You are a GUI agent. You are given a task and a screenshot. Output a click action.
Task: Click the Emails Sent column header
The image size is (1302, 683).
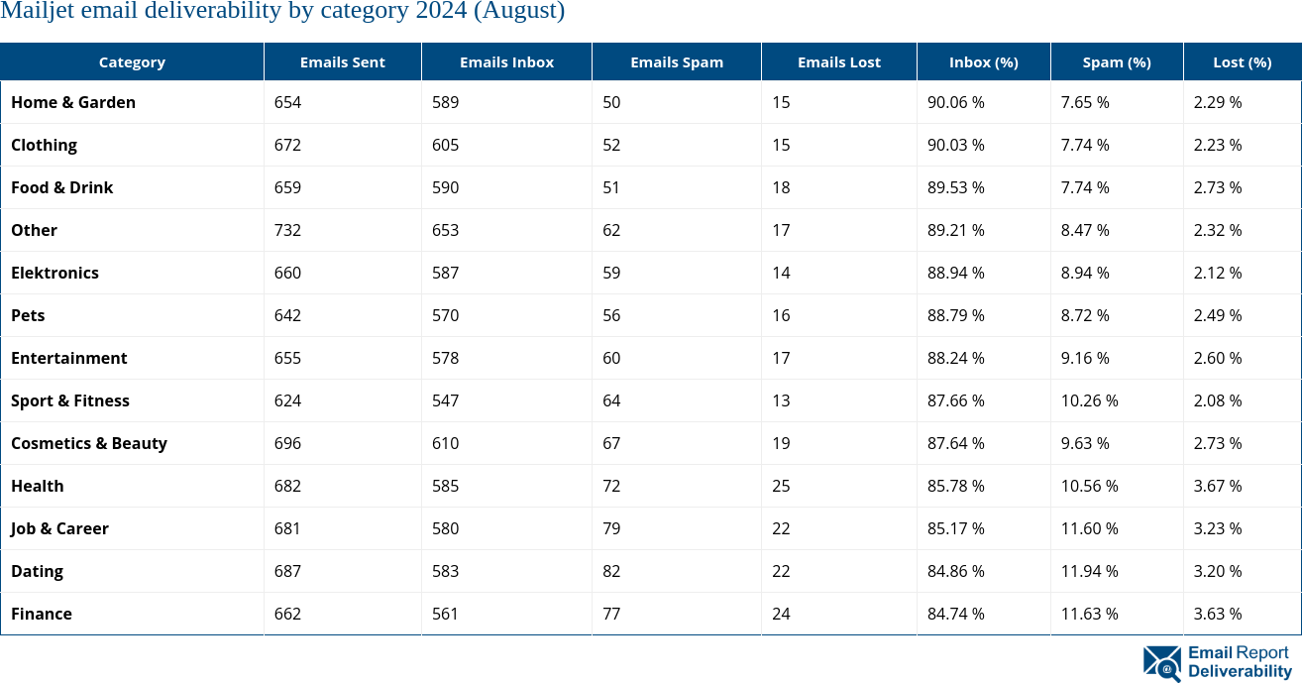pyautogui.click(x=342, y=61)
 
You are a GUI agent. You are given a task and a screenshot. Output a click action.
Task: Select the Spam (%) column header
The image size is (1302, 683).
pyautogui.click(x=1116, y=61)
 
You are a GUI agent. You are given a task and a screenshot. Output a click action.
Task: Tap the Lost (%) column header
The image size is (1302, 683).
pyautogui.click(x=1242, y=61)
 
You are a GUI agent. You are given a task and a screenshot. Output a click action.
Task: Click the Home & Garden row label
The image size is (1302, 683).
pyautogui.click(x=73, y=102)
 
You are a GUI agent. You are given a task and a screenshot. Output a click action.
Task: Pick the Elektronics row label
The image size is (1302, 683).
pyautogui.click(x=54, y=273)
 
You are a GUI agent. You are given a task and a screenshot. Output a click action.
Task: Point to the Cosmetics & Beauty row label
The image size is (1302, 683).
pyautogui.click(x=89, y=443)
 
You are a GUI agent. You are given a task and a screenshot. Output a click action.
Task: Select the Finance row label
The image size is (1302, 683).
pyautogui.click(x=42, y=614)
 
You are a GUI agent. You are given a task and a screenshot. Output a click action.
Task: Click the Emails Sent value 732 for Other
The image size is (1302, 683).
pyautogui.click(x=287, y=230)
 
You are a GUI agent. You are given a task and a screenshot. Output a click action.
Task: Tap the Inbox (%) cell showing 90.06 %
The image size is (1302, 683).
pyautogui.click(x=955, y=102)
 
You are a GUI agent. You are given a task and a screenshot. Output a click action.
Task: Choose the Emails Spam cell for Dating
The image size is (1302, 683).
pyautogui.click(x=611, y=571)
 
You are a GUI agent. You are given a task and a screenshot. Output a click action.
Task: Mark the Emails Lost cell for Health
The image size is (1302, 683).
pyautogui.click(x=781, y=486)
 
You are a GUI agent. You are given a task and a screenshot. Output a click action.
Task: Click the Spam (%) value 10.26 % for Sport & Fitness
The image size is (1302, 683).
pyautogui.click(x=1089, y=400)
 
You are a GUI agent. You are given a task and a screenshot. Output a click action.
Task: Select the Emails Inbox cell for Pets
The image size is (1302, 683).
pyautogui.click(x=446, y=315)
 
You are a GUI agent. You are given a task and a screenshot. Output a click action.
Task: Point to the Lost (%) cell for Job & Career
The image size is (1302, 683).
pyautogui.click(x=1218, y=528)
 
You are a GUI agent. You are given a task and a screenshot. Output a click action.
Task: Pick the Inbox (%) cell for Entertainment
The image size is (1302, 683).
pyautogui.click(x=955, y=358)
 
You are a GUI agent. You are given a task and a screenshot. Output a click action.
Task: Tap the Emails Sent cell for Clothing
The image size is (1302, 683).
pyautogui.click(x=287, y=145)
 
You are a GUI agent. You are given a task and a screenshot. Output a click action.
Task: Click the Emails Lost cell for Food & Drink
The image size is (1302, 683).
pyautogui.click(x=781, y=187)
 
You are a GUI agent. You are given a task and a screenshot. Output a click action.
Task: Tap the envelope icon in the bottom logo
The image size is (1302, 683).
pyautogui.click(x=1161, y=663)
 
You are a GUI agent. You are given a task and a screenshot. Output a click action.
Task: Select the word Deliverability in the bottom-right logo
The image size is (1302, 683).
pyautogui.click(x=1240, y=671)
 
